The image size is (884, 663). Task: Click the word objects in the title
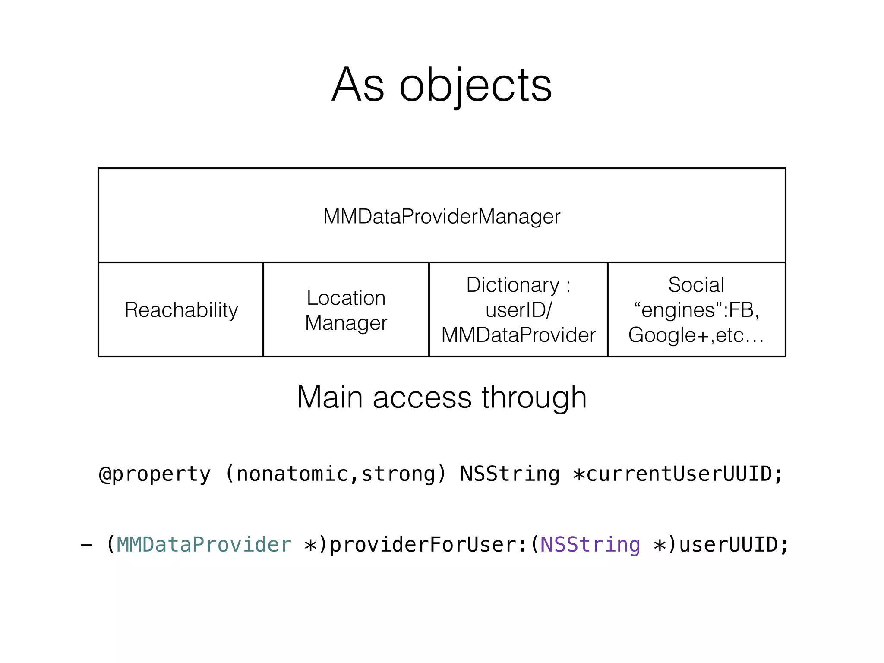click(x=475, y=86)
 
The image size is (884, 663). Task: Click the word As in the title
click(x=358, y=85)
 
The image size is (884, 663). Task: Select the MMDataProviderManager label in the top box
click(x=442, y=216)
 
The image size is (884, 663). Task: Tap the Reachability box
click(x=181, y=310)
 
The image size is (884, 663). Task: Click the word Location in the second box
click(x=346, y=298)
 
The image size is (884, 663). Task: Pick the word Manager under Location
click(x=346, y=323)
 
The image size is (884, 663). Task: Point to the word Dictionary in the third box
click(x=513, y=285)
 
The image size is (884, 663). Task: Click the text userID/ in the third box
click(x=518, y=310)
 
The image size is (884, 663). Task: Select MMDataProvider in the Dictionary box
click(x=518, y=335)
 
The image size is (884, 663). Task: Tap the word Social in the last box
click(x=696, y=285)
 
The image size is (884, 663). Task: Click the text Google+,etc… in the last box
click(x=696, y=335)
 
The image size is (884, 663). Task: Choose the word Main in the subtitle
click(x=330, y=397)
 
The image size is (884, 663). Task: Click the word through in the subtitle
click(x=534, y=397)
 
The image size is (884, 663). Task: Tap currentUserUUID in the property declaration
click(x=679, y=474)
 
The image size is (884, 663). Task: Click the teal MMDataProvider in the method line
click(x=204, y=545)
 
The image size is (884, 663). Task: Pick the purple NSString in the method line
click(x=590, y=545)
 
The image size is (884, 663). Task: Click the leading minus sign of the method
click(x=86, y=546)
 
